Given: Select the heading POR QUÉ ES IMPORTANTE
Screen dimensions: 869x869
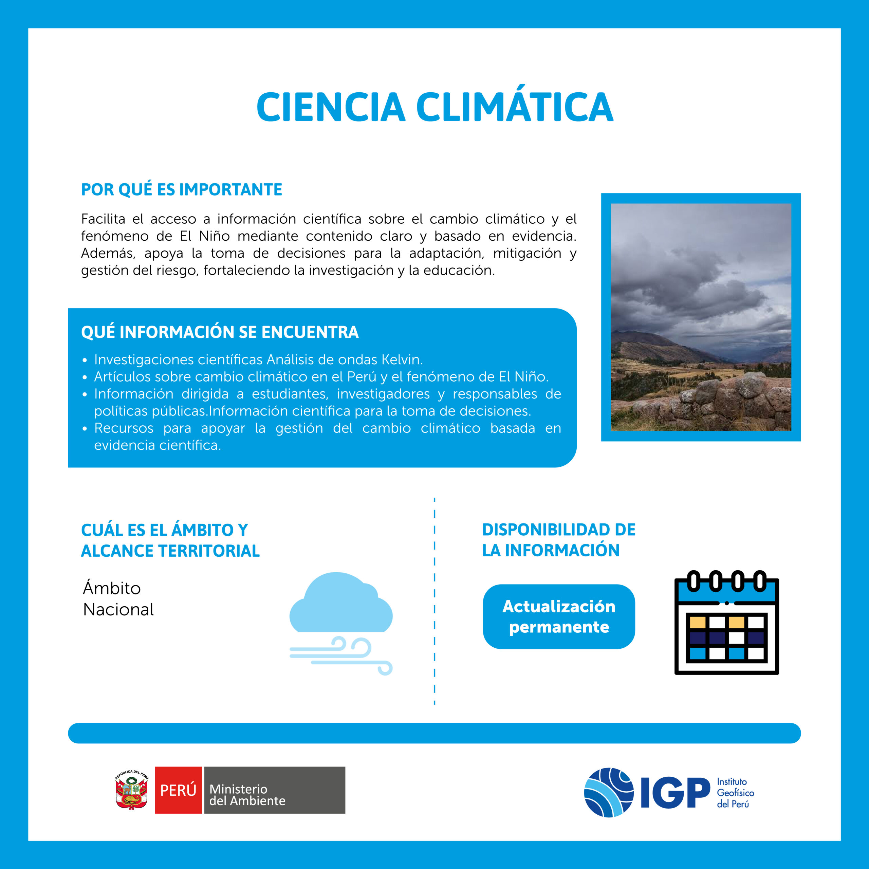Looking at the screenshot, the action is (182, 189).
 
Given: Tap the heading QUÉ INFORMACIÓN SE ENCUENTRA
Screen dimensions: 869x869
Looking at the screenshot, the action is (220, 332).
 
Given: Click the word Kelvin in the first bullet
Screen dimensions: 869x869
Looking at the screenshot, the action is (402, 360).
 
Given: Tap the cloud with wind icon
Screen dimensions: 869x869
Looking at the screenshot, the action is (341, 623).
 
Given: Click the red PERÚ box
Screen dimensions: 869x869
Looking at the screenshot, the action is (178, 790).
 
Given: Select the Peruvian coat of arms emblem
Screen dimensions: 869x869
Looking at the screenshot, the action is (131, 789).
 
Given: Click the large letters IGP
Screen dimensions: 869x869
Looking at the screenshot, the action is (675, 793).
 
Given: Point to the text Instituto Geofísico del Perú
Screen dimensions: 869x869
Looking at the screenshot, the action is (735, 793).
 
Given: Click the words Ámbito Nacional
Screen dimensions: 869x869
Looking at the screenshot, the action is (118, 599).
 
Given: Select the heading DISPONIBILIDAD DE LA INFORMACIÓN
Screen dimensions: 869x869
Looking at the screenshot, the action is (559, 540).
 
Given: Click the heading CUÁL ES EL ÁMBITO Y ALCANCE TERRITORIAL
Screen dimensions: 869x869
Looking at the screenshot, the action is (170, 540).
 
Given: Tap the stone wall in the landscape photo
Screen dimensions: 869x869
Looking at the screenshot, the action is (720, 400).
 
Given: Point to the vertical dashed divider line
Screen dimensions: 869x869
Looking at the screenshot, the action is (434, 601).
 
